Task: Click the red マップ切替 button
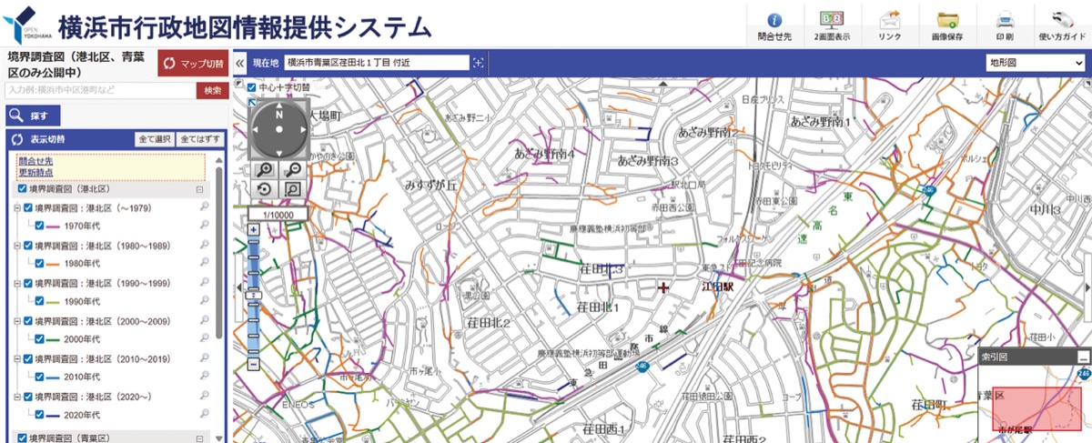click(x=193, y=64)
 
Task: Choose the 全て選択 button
click(x=155, y=140)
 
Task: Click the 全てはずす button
click(x=199, y=140)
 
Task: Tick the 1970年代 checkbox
click(x=39, y=225)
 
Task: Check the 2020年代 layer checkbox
click(x=39, y=414)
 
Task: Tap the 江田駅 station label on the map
click(x=717, y=286)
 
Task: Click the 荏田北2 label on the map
click(x=491, y=323)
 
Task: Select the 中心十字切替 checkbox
click(x=252, y=88)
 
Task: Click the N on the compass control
click(x=279, y=116)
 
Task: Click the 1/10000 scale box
click(x=277, y=214)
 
